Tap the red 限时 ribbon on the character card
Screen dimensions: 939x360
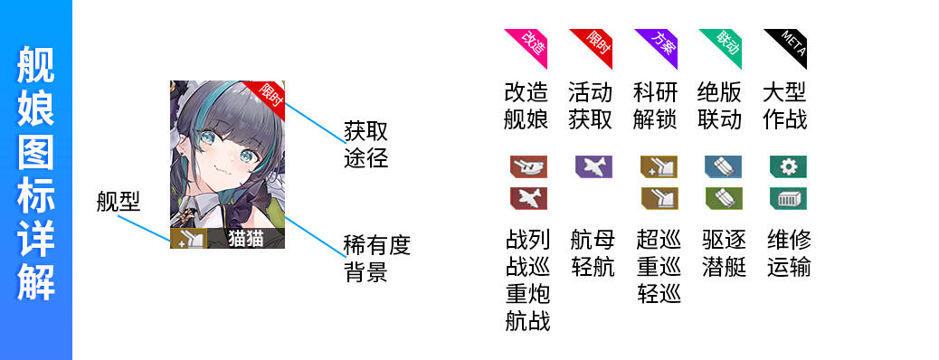pyautogui.click(x=269, y=94)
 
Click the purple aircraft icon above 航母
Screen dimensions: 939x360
pyautogui.click(x=593, y=166)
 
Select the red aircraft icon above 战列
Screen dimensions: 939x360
pyautogui.click(x=528, y=198)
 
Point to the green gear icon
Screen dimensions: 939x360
pyautogui.click(x=788, y=166)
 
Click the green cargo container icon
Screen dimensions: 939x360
pyautogui.click(x=788, y=198)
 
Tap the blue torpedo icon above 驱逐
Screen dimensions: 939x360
pyautogui.click(x=724, y=166)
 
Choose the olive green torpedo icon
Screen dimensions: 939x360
pyautogui.click(x=724, y=198)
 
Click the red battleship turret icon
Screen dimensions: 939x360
pyautogui.click(x=528, y=166)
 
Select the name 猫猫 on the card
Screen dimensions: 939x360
pyautogui.click(x=246, y=239)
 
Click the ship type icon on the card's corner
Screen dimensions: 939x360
pyautogui.click(x=189, y=239)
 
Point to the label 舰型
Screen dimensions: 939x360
pyautogui.click(x=118, y=203)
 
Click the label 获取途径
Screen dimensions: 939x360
pyautogui.click(x=365, y=145)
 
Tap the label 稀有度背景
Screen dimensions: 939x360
pyautogui.click(x=376, y=259)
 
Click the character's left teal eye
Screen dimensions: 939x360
pyautogui.click(x=206, y=138)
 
